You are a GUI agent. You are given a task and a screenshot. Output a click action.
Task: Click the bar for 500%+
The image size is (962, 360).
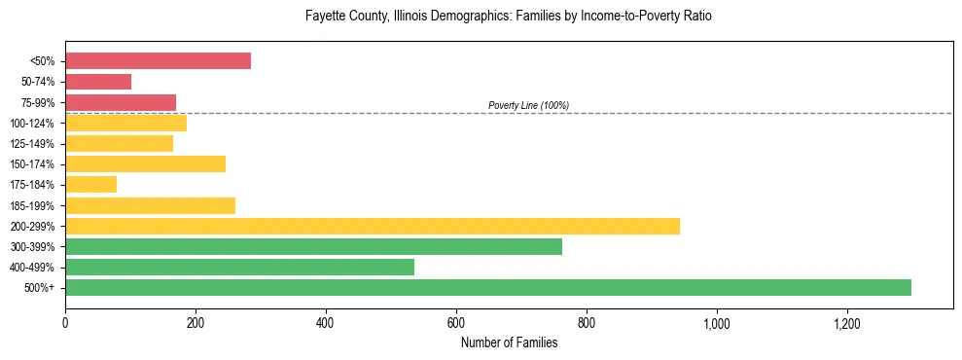click(x=487, y=287)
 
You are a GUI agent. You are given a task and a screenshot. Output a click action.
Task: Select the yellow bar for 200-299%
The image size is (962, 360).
click(x=372, y=226)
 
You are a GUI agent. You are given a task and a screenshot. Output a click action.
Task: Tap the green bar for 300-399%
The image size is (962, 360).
click(x=313, y=246)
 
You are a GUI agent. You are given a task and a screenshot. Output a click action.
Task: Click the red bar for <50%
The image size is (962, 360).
click(x=158, y=61)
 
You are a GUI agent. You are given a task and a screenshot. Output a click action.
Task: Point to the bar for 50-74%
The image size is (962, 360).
click(x=98, y=82)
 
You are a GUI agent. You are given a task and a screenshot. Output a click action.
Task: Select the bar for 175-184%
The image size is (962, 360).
click(x=90, y=184)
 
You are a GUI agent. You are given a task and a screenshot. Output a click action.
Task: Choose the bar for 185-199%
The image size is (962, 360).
click(x=150, y=205)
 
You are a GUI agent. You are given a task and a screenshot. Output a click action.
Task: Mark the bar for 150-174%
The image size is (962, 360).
click(x=145, y=163)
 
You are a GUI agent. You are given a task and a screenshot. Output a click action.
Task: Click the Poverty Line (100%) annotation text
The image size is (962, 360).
click(x=528, y=105)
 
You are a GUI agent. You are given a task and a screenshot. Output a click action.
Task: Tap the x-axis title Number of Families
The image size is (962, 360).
click(x=509, y=342)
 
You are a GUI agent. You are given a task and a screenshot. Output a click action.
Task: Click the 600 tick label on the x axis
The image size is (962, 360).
click(x=455, y=323)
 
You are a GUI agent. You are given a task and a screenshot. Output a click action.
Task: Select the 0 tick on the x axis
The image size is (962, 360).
click(x=65, y=323)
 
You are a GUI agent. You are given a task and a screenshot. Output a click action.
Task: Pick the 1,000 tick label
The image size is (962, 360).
click(x=716, y=323)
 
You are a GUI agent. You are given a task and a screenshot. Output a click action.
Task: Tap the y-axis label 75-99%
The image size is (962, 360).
click(x=38, y=103)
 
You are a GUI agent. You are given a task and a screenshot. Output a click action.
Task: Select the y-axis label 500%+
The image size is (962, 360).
click(x=40, y=288)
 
